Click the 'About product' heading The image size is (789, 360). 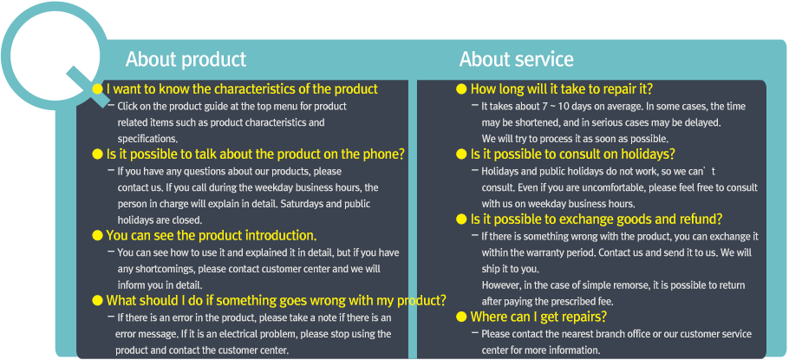[x=186, y=59]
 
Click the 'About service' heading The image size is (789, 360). [x=516, y=59]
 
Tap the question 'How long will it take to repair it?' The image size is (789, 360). [x=562, y=89]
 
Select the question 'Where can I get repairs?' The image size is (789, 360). [x=538, y=317]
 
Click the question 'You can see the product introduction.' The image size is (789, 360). [x=212, y=236]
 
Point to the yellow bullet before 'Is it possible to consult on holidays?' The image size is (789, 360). [x=461, y=154]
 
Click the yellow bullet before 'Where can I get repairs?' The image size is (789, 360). [x=461, y=317]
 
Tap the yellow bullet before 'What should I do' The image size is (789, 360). [x=98, y=301]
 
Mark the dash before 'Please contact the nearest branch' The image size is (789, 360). [x=475, y=333]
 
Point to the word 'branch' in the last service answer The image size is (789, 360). [x=594, y=334]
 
